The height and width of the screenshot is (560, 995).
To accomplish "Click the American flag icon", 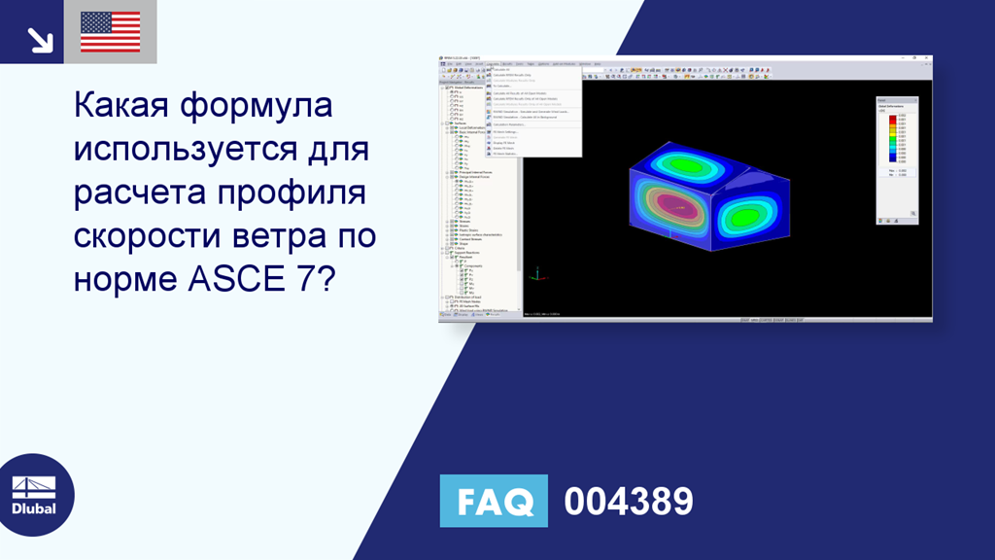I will pos(110,32).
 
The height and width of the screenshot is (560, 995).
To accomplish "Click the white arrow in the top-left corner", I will pos(39,38).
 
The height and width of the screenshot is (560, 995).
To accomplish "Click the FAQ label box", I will pos(494,501).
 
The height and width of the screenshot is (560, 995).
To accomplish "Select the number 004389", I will pos(629,502).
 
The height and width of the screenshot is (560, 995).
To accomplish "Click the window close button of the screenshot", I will pos(927,58).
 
